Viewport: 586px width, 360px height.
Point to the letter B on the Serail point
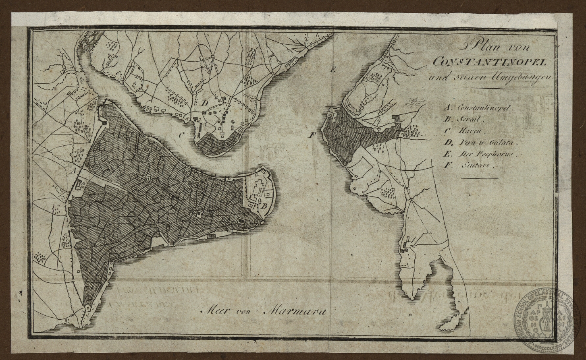[265, 207]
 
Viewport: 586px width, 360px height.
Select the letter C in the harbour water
[182, 135]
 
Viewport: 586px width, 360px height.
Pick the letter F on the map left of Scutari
[311, 135]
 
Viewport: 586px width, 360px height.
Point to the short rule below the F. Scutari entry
[479, 178]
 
